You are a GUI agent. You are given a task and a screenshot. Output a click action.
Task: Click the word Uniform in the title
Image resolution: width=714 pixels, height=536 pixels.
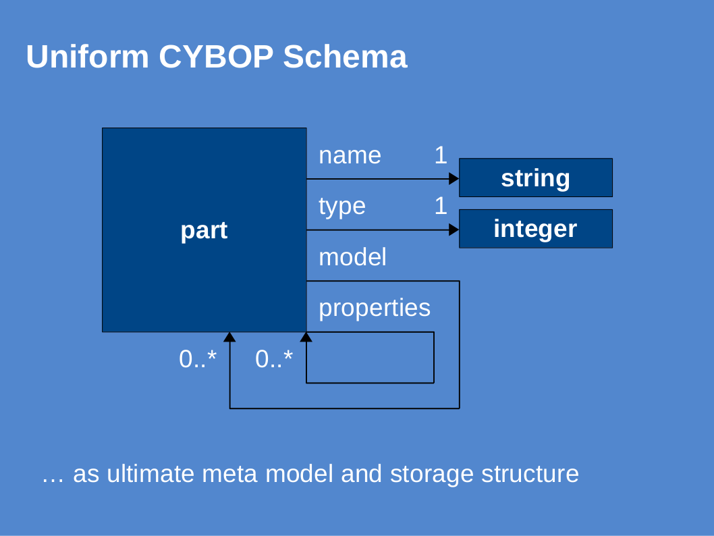88,57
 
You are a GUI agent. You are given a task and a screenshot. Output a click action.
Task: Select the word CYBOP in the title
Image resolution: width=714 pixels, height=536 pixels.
216,57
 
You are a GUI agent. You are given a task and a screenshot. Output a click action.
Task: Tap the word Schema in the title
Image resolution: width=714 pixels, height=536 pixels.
345,57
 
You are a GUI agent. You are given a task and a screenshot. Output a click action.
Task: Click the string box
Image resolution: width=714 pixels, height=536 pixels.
536,178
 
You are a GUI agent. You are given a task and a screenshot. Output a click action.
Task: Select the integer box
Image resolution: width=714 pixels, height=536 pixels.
536,229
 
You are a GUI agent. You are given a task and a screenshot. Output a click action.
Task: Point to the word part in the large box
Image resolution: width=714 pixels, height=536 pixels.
204,230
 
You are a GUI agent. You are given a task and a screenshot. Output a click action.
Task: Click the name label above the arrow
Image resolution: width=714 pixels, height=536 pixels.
350,156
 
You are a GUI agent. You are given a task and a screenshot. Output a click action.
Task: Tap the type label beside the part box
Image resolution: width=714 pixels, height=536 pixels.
342,207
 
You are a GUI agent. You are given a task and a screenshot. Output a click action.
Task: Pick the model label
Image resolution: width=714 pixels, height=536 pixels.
352,257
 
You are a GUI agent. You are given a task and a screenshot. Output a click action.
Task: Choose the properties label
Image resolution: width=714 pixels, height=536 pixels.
375,309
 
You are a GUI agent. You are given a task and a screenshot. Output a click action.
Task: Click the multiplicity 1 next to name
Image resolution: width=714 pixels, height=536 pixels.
440,155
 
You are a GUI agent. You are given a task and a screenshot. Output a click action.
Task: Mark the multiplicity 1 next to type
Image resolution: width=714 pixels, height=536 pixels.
440,206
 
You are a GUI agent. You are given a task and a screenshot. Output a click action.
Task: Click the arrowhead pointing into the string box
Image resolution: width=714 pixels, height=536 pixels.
454,178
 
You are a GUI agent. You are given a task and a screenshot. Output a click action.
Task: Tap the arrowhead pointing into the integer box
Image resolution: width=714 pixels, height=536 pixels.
454,230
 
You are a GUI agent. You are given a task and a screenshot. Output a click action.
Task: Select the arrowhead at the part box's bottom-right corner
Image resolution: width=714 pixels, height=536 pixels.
306,337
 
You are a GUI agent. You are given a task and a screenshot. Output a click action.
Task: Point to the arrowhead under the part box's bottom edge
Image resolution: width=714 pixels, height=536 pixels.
229,337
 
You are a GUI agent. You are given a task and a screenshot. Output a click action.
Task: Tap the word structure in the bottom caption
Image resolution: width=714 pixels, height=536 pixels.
530,474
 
